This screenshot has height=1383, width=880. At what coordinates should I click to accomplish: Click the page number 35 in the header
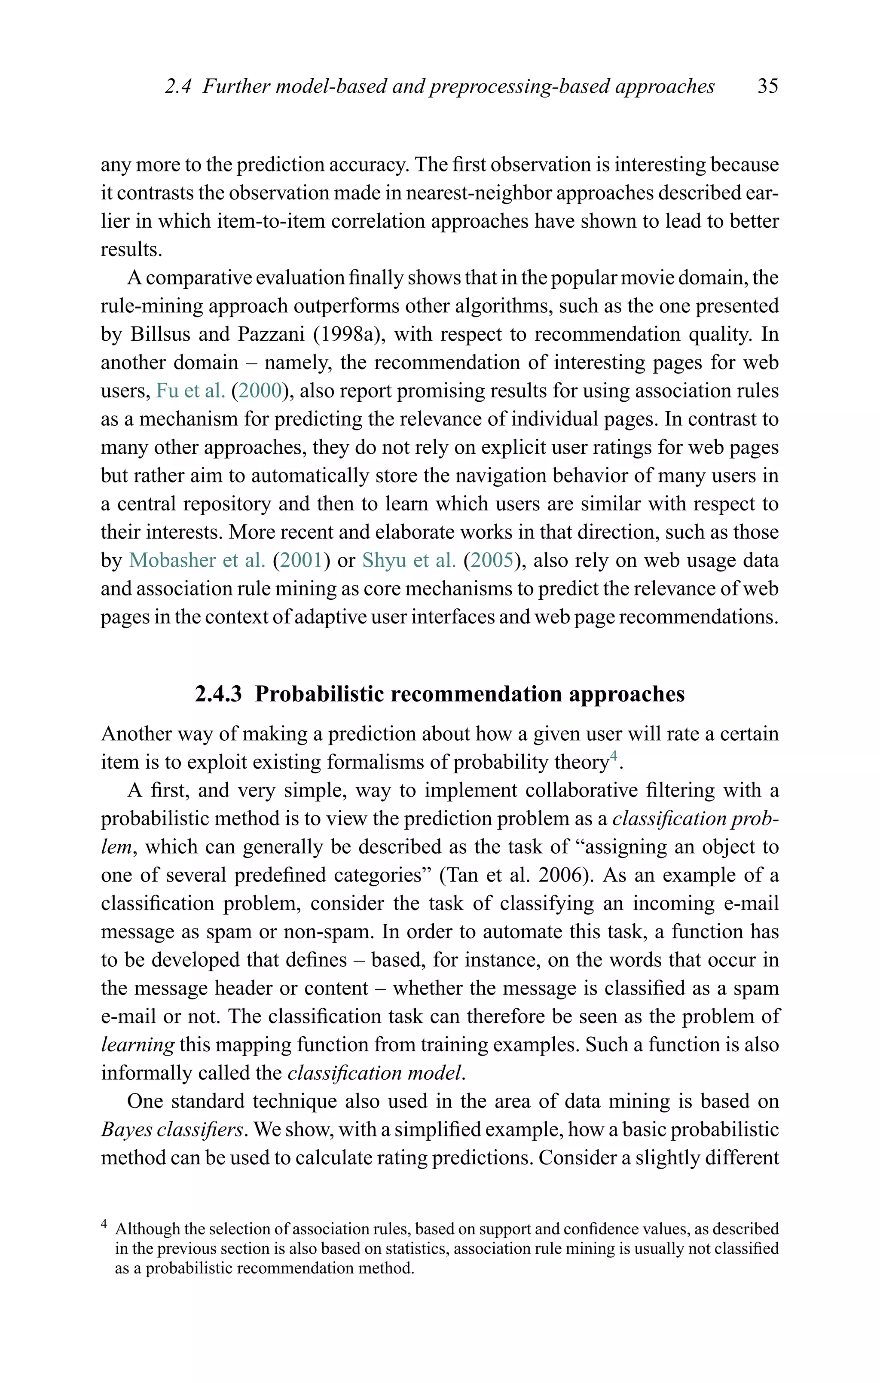(767, 87)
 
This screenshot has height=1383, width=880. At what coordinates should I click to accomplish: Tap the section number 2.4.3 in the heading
(218, 694)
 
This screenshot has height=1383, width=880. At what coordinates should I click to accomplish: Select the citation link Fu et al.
(190, 391)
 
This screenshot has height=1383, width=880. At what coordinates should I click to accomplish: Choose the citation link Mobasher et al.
(197, 560)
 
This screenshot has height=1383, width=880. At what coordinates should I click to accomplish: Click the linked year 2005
(492, 560)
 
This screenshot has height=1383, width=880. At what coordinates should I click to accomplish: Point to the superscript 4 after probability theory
(614, 757)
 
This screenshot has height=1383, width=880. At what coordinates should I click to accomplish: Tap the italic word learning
(137, 1045)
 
